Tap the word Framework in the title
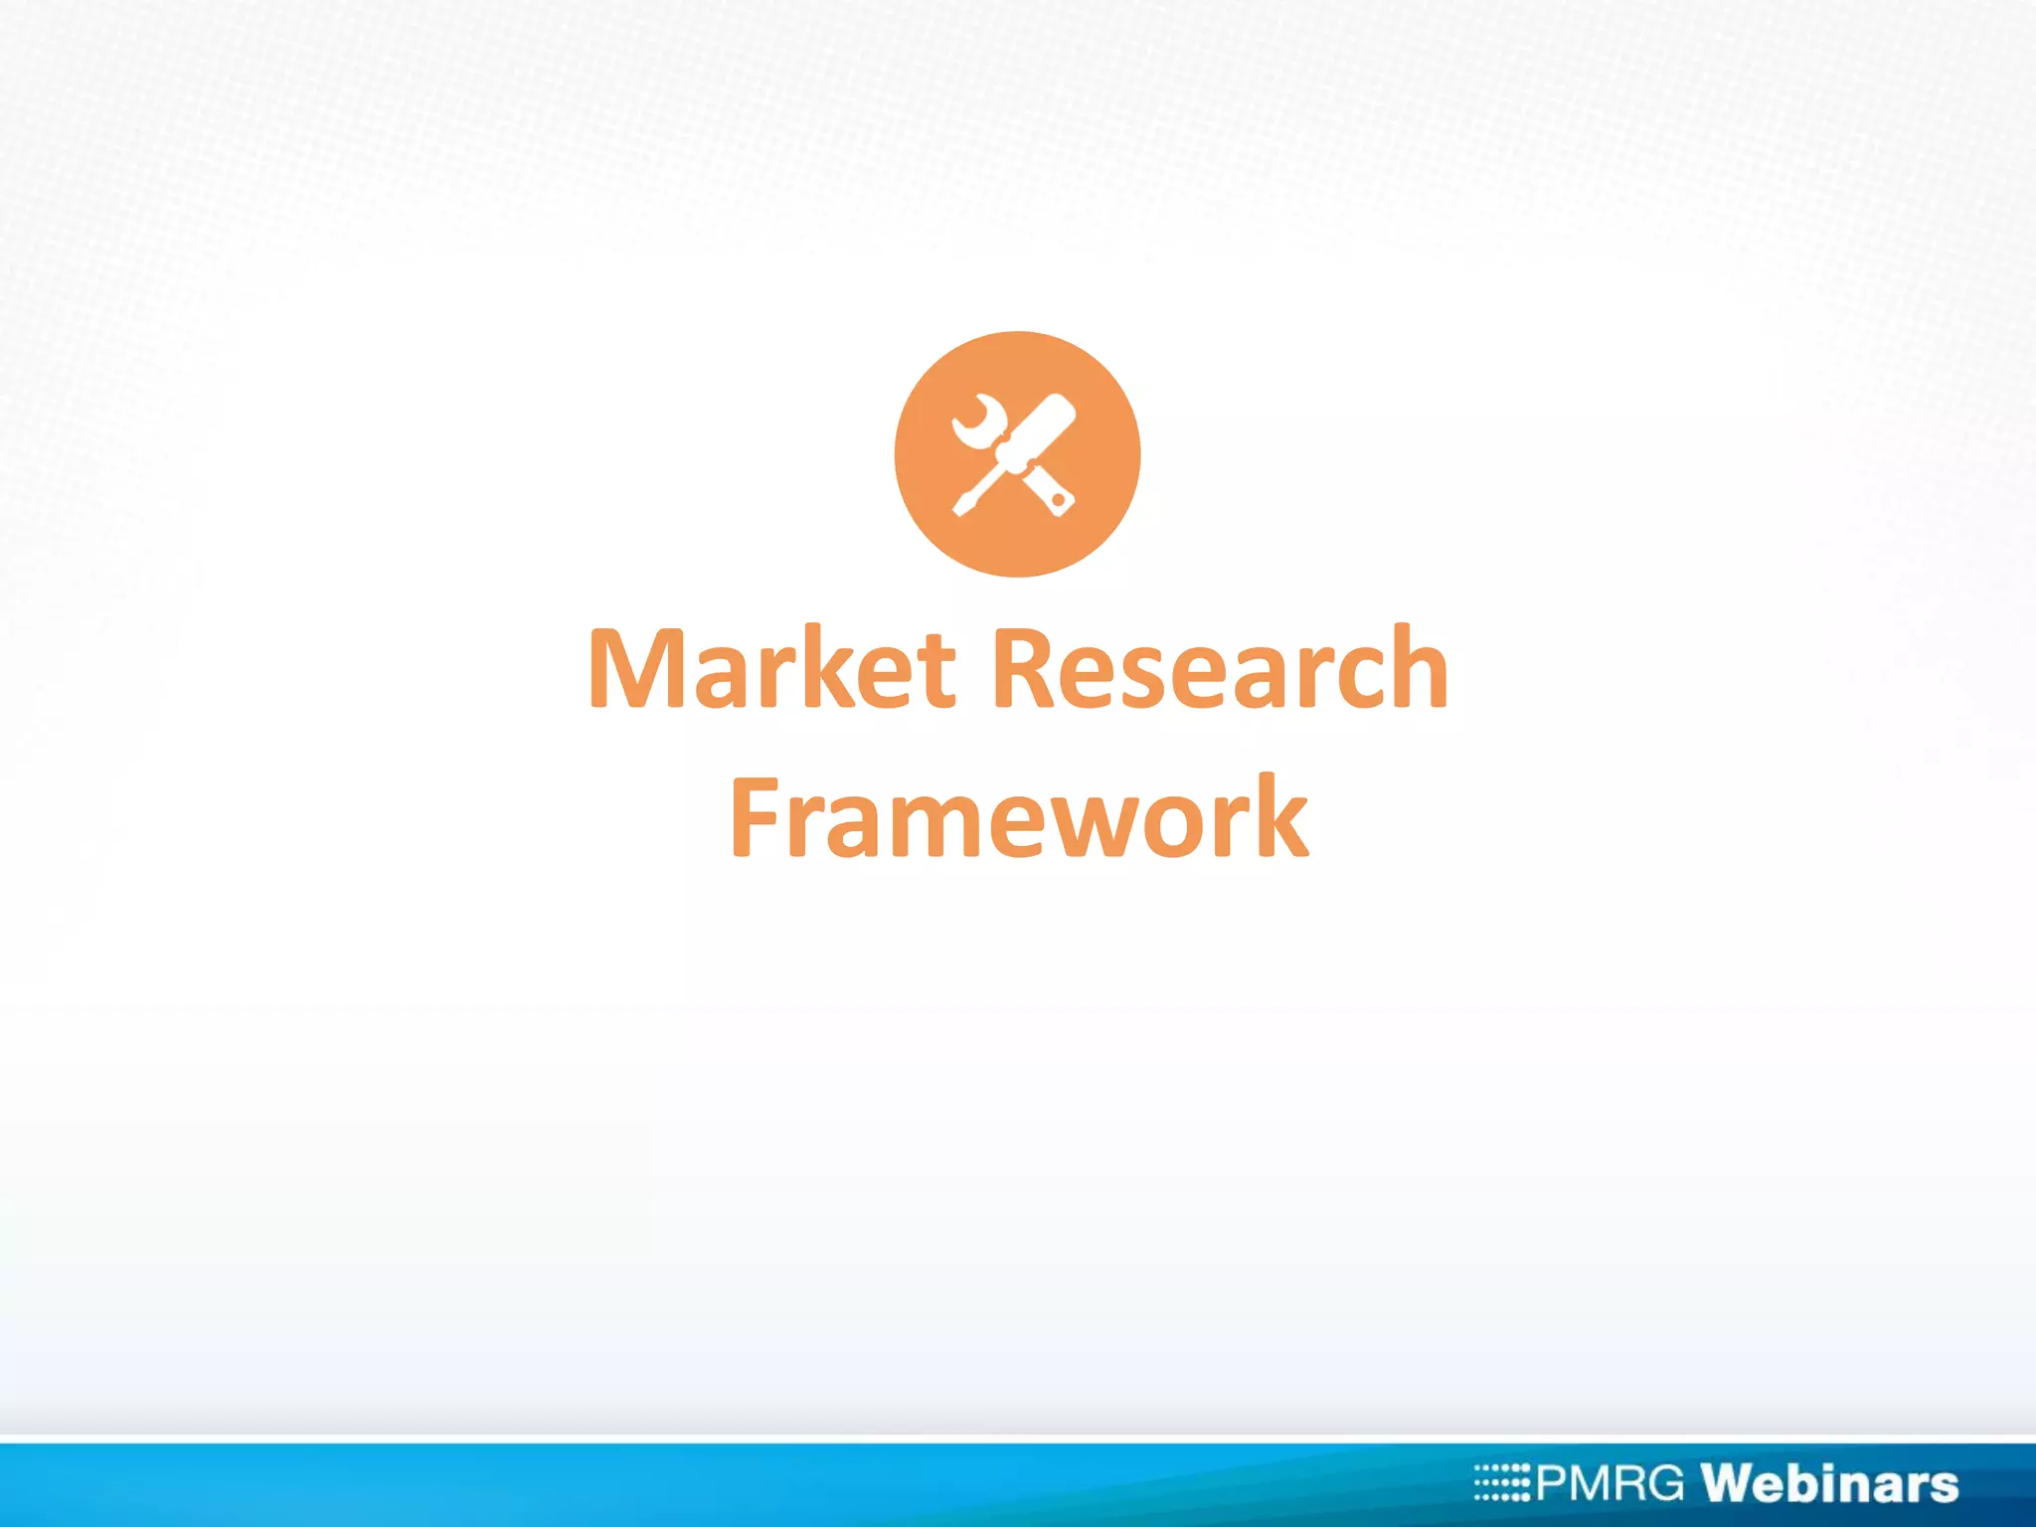(x=1019, y=817)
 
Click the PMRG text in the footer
(x=1611, y=1483)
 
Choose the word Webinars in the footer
(x=1829, y=1483)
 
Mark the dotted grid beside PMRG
(x=1502, y=1482)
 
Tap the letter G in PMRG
(x=1661, y=1483)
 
